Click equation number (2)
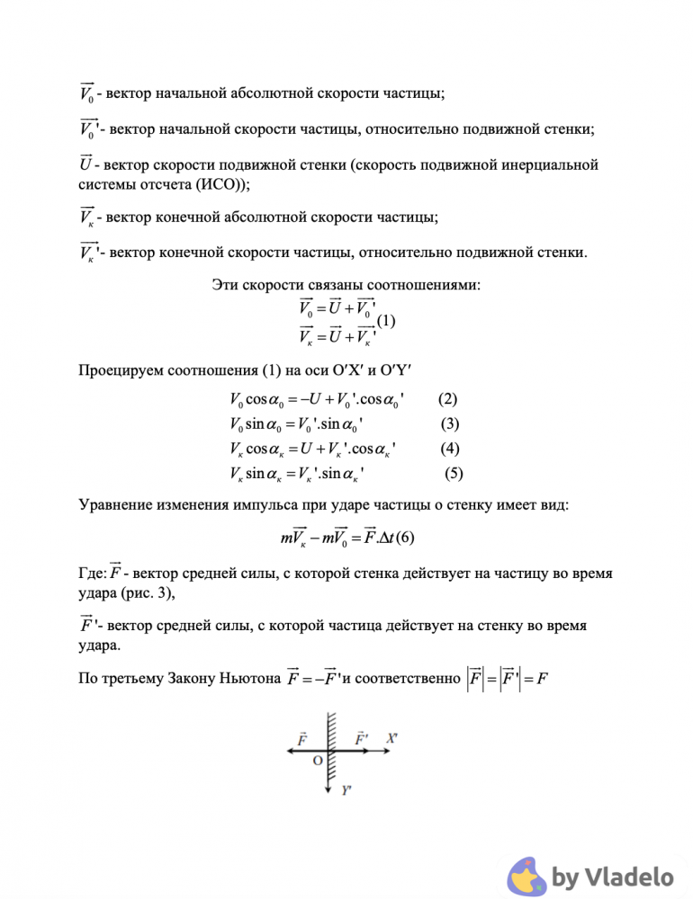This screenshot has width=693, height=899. pyautogui.click(x=447, y=398)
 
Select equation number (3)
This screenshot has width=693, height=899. pyautogui.click(x=450, y=423)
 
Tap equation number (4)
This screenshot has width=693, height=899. pyautogui.click(x=450, y=448)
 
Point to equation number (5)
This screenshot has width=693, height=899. pyautogui.click(x=454, y=473)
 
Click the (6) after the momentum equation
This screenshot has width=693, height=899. pyautogui.click(x=405, y=539)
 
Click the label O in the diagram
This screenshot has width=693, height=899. pyautogui.click(x=317, y=761)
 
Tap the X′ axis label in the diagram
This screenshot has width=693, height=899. pyautogui.click(x=392, y=737)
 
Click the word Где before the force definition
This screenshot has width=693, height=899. pyautogui.click(x=93, y=573)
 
